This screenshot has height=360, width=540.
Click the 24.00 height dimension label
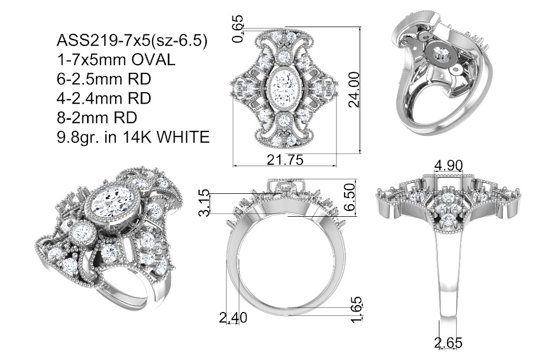[354, 90]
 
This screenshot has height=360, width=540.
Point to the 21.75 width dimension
[285, 160]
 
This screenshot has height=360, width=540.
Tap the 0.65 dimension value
[238, 29]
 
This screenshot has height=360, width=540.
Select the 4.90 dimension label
[448, 166]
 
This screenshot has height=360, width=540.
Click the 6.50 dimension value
[349, 197]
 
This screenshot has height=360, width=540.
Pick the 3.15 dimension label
[204, 202]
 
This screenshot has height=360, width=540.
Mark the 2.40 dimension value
[233, 317]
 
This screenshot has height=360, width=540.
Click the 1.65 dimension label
[357, 310]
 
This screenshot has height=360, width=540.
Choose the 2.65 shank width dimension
[448, 343]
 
